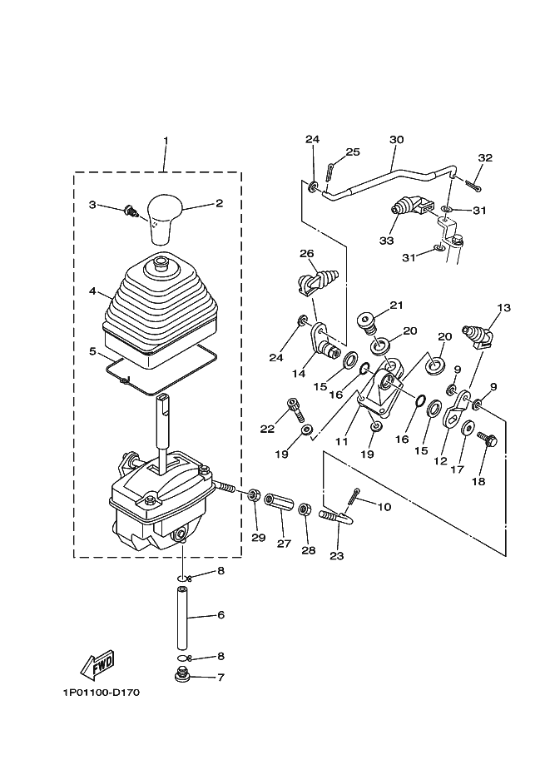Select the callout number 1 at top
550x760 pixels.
(x=165, y=139)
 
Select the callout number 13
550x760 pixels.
(x=503, y=308)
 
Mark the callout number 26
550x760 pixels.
(x=306, y=253)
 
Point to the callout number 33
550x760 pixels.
(x=385, y=241)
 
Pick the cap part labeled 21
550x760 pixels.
(x=367, y=320)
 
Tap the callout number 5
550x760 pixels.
(x=93, y=351)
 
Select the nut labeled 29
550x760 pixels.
(x=252, y=496)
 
